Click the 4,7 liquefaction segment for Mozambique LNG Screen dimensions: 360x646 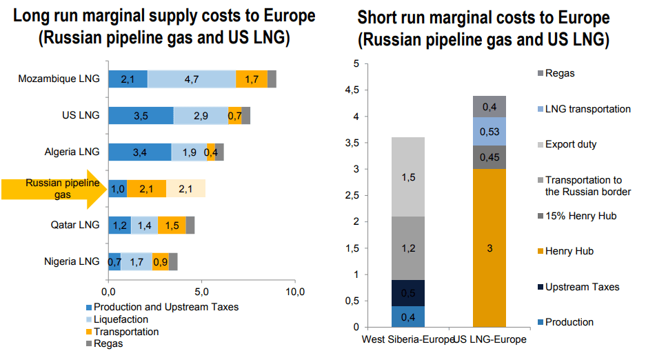point(191,79)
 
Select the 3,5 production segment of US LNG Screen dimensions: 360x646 point(141,115)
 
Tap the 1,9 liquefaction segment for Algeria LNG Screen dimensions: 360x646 point(188,152)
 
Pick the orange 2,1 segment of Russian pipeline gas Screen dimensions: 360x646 point(146,188)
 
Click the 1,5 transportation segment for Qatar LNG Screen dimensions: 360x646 point(172,225)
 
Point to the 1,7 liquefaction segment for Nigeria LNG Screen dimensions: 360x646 point(137,261)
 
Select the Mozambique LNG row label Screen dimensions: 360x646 point(59,79)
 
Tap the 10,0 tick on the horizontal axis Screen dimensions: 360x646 point(295,291)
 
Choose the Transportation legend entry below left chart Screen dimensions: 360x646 point(125,332)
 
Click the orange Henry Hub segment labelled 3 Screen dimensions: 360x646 point(489,248)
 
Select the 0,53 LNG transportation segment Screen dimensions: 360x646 point(489,132)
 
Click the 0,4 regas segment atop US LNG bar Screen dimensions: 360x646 point(489,106)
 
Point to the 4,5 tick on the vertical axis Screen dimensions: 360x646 point(354,90)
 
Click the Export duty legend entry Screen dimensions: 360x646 point(570,145)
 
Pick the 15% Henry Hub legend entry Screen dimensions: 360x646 point(580,216)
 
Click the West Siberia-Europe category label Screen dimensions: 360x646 point(407,340)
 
